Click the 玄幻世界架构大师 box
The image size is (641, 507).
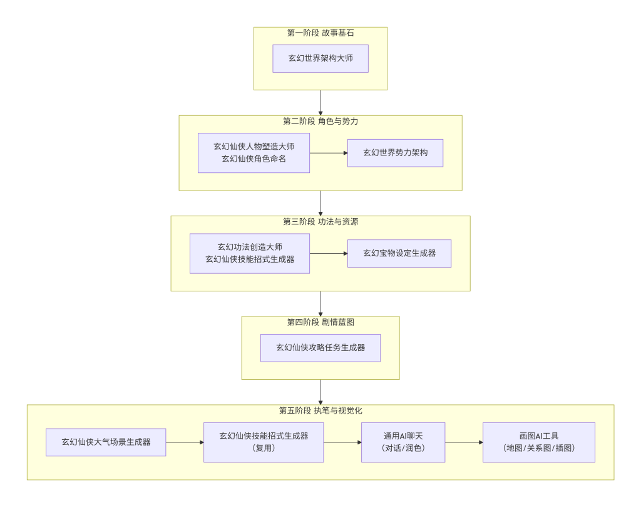320,58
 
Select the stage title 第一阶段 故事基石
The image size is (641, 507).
320,33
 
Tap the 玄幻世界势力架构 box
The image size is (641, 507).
395,153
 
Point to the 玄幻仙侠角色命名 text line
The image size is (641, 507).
254,159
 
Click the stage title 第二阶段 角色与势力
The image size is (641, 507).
320,121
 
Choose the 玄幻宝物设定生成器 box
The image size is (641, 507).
399,253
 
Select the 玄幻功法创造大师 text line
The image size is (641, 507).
250,247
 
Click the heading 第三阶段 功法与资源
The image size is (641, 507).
320,222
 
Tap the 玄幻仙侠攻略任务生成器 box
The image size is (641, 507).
320,347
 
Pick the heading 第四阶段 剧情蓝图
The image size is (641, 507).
320,322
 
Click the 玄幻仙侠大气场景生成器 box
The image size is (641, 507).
106,442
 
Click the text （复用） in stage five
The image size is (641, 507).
264,448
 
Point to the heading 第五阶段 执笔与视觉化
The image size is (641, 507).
320,410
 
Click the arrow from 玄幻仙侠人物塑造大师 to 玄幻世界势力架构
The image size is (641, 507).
329,153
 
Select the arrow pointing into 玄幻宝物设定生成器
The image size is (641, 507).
329,253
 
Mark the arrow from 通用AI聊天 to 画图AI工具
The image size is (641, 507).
464,442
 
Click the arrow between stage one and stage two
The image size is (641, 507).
320,103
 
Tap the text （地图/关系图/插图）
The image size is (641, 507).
538,448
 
